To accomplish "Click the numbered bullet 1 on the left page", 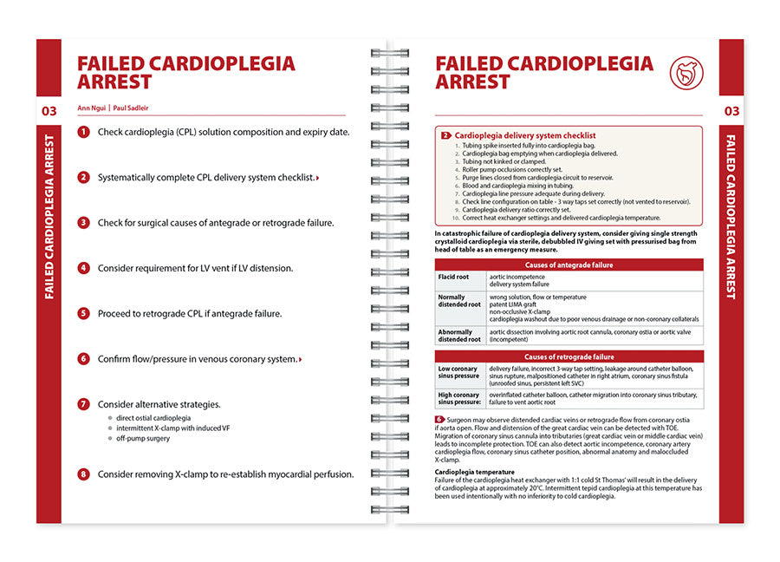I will (83, 132).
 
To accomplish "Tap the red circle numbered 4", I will (83, 268).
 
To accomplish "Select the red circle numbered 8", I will (83, 474).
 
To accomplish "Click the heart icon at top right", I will (687, 74).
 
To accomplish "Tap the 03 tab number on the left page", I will (49, 110).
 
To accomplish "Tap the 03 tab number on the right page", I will (731, 110).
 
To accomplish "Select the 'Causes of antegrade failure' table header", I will (569, 265).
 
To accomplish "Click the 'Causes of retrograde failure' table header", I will (569, 356).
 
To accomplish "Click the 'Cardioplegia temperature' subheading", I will (475, 472).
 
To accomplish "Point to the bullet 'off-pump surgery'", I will (143, 438).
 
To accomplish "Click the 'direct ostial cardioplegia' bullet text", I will (153, 417).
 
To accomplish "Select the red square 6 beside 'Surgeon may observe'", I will (439, 419).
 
